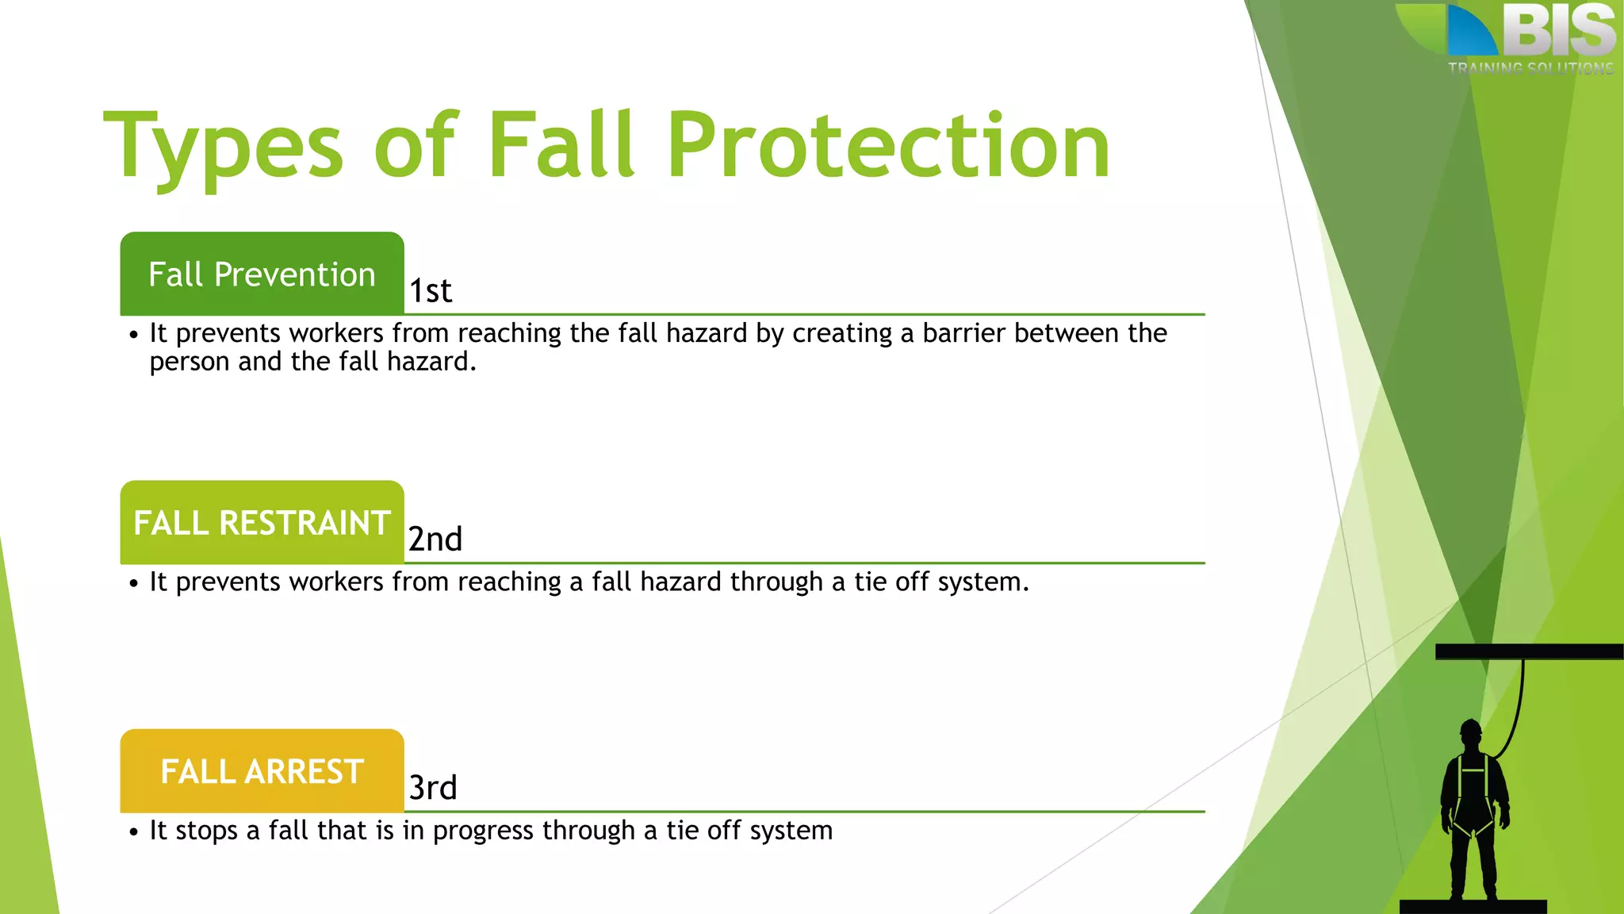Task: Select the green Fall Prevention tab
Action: point(262,275)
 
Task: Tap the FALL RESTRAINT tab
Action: point(262,523)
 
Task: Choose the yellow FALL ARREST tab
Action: point(262,771)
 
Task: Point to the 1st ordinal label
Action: point(431,291)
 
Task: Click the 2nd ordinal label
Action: point(435,540)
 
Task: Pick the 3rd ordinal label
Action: point(433,788)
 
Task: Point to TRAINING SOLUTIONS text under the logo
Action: point(1530,68)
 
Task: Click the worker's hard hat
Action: point(1471,728)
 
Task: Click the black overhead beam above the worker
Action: point(1529,651)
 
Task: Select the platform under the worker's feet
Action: point(1473,906)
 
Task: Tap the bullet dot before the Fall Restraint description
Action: point(133,584)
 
